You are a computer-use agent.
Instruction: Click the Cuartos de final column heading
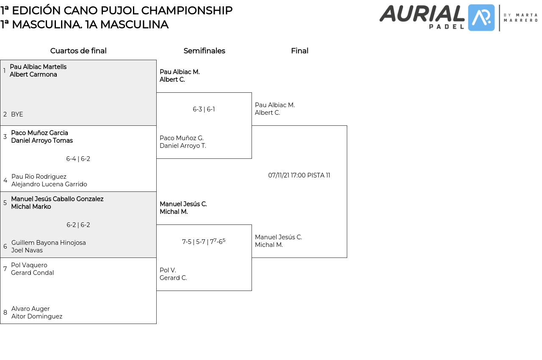[78, 51]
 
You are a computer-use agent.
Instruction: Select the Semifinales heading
[204, 51]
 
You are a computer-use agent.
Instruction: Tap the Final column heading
[299, 51]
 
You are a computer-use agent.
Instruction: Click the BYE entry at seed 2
[17, 114]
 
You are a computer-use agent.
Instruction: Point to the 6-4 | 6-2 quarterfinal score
[78, 159]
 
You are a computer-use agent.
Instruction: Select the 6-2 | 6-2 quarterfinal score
[78, 225]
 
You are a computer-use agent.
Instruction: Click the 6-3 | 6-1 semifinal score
[204, 109]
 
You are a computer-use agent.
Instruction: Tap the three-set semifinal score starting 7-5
[204, 241]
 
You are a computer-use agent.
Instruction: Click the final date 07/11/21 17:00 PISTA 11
[299, 175]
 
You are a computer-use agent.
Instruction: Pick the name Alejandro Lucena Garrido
[49, 184]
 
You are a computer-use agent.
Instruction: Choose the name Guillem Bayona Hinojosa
[49, 243]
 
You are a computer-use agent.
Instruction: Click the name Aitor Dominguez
[37, 316]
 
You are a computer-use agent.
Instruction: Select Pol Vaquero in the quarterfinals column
[29, 265]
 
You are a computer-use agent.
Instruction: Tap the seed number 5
[5, 203]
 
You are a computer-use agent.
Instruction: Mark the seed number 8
[5, 313]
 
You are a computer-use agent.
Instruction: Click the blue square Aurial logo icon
[481, 18]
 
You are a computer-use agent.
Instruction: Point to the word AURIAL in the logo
[422, 14]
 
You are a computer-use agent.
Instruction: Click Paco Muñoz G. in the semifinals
[182, 138]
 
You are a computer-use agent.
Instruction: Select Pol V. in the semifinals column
[168, 270]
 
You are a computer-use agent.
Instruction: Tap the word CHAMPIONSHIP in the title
[187, 11]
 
